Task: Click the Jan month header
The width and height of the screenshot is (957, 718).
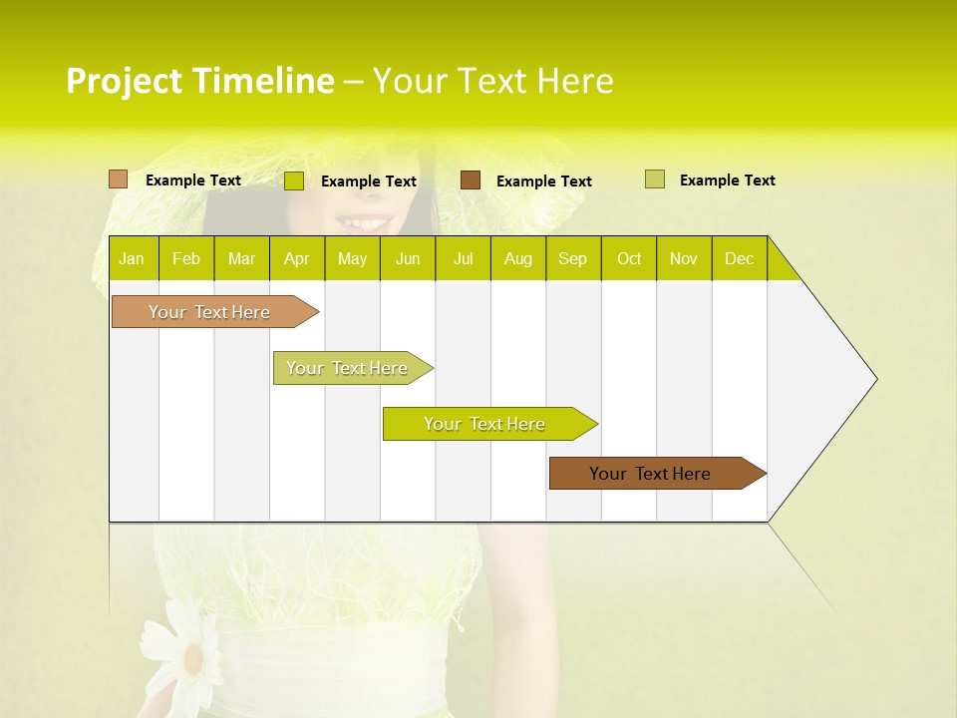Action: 132,259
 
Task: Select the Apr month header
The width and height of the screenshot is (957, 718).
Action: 296,259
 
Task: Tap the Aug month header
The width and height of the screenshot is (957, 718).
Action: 517,259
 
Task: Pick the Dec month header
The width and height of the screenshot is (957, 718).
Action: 739,259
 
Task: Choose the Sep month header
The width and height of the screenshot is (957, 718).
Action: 572,259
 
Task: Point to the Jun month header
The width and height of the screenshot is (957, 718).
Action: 408,259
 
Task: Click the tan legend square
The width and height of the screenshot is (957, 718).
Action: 118,179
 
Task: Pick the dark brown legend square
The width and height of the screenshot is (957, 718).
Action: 471,180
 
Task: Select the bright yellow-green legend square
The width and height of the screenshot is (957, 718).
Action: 293,180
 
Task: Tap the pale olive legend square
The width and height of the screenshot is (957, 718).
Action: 654,179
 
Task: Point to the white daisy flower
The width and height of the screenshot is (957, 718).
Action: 189,653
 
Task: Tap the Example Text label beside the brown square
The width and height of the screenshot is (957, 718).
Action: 543,181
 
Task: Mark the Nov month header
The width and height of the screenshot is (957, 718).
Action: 684,259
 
